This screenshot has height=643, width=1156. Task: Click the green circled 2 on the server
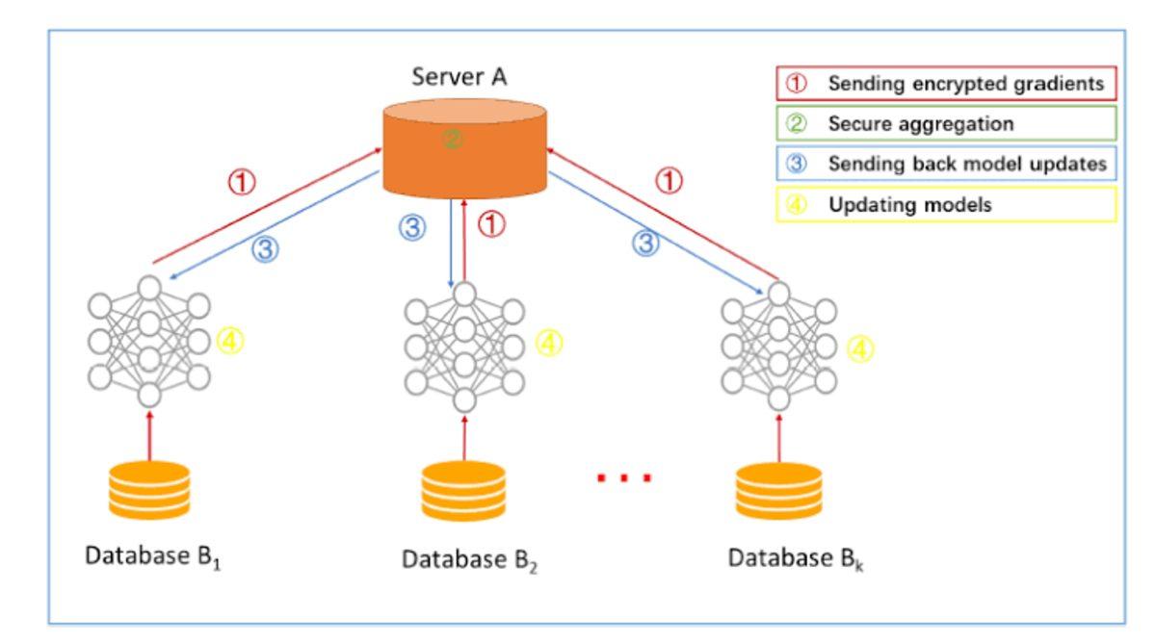(452, 140)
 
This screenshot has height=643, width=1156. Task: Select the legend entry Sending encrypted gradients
(946, 84)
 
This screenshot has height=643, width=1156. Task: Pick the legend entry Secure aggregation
(946, 123)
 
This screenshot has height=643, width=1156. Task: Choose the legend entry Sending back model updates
(946, 164)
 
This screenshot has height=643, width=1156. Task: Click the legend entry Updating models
(946, 204)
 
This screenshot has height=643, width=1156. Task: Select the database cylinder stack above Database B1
(148, 490)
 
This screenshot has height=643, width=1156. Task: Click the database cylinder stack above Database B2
(463, 492)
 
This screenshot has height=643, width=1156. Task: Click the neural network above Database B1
(148, 341)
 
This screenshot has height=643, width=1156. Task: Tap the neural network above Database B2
(463, 346)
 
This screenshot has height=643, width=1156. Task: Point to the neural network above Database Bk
(778, 346)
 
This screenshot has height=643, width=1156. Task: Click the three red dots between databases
(624, 477)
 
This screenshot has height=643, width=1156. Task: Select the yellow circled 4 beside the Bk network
(860, 348)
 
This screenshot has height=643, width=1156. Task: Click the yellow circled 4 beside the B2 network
(548, 343)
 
